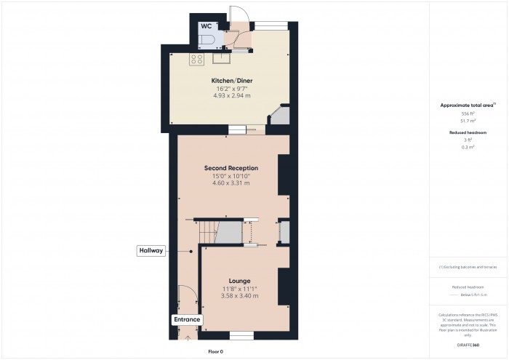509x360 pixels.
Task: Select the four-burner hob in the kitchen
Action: click(196, 60)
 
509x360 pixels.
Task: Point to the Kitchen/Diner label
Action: click(231, 80)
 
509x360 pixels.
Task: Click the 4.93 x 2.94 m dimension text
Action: click(231, 95)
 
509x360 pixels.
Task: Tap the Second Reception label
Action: click(231, 168)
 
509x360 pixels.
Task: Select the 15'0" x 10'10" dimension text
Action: click(231, 176)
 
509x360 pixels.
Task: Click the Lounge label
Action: click(239, 281)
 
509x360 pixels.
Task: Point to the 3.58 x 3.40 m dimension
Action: click(239, 296)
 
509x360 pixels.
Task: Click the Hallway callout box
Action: click(151, 250)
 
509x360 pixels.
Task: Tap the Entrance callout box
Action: click(187, 319)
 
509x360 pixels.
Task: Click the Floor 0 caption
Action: click(216, 351)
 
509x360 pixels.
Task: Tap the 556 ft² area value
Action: click(468, 114)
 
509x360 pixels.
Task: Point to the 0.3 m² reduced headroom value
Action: click(468, 147)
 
